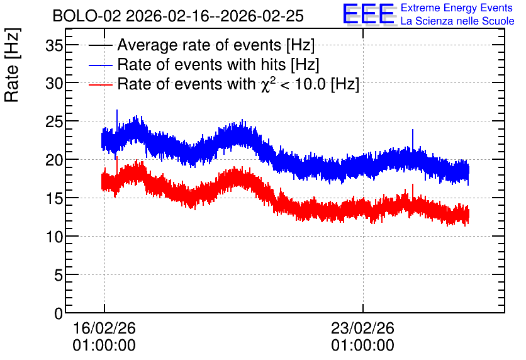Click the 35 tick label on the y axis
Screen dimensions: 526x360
pyautogui.click(x=54, y=45)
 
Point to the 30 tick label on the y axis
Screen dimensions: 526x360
pyautogui.click(x=54, y=83)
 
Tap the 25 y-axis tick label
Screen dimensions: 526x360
pyautogui.click(x=54, y=122)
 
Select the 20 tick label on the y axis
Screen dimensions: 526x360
pyautogui.click(x=54, y=160)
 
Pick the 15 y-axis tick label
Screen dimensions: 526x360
pyautogui.click(x=54, y=199)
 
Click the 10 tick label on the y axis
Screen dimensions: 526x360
pyautogui.click(x=54, y=237)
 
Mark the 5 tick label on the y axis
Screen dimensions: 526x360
pyautogui.click(x=59, y=276)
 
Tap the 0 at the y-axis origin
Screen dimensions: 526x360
pyautogui.click(x=59, y=313)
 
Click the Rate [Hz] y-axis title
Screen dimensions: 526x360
pyautogui.click(x=12, y=65)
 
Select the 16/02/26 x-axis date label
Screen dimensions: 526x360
pyautogui.click(x=104, y=328)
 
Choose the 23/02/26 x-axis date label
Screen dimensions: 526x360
pyautogui.click(x=362, y=328)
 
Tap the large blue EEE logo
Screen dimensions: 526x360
pyautogui.click(x=369, y=14)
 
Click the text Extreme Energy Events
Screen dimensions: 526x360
pyautogui.click(x=457, y=8)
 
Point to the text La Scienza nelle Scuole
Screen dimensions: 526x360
pyautogui.click(x=457, y=21)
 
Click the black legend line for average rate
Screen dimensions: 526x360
pyautogui.click(x=100, y=45)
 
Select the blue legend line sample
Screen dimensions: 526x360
pyautogui.click(x=100, y=65)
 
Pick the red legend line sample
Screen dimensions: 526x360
pyautogui.click(x=100, y=84)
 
